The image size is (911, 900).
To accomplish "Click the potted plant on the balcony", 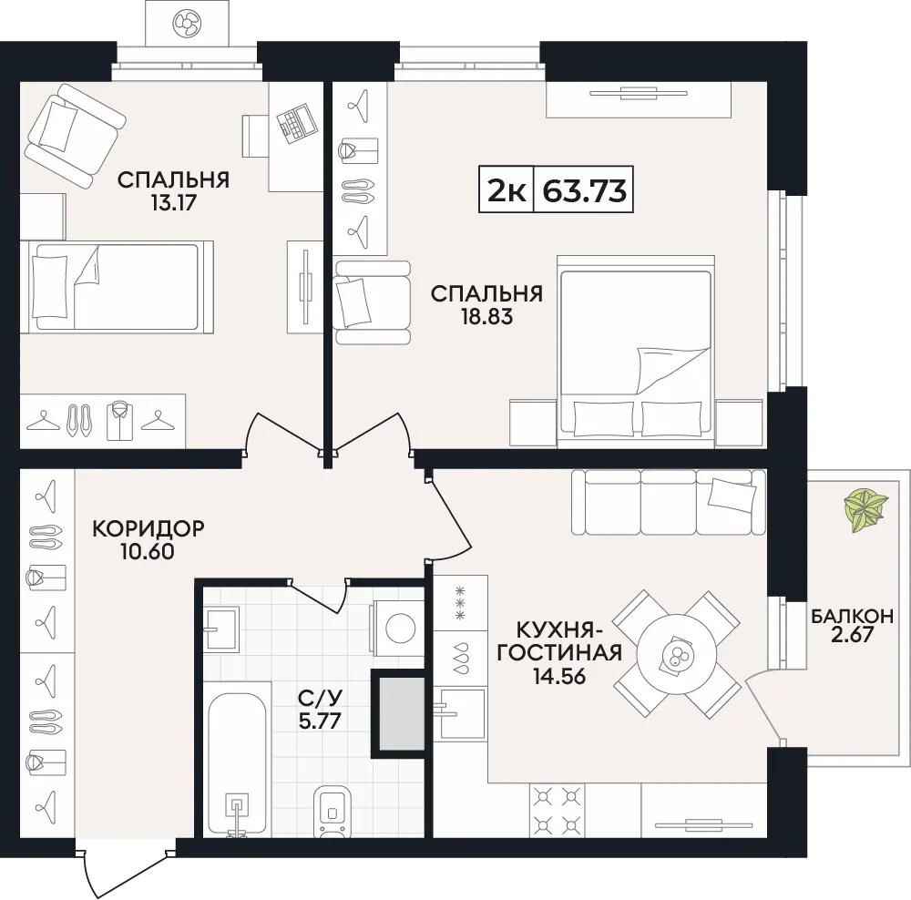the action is pyautogui.click(x=865, y=510).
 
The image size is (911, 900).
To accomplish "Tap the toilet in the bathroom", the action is pyautogui.click(x=332, y=812).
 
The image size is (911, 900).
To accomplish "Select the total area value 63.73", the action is pyautogui.click(x=584, y=190).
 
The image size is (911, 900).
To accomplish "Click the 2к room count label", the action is pyautogui.click(x=506, y=190).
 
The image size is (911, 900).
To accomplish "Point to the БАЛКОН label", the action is pyautogui.click(x=853, y=616).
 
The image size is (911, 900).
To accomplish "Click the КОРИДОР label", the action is pyautogui.click(x=148, y=528).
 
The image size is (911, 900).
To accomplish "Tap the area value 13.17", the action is pyautogui.click(x=173, y=203).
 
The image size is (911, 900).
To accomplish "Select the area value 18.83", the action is pyautogui.click(x=486, y=317).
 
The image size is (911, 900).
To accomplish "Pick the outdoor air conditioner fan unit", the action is pyautogui.click(x=187, y=24).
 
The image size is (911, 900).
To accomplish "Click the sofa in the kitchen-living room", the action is pyautogui.click(x=669, y=502).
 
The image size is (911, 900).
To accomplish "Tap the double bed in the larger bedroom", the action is pyautogui.click(x=636, y=352).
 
